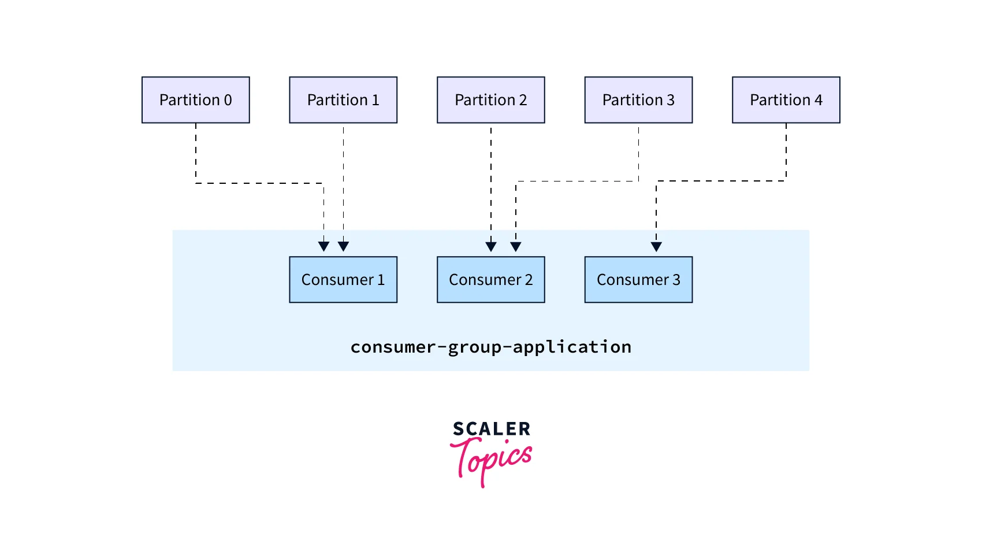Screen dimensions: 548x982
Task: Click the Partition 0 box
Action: click(x=195, y=100)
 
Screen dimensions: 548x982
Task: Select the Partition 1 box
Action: click(x=343, y=100)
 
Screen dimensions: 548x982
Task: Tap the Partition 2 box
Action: click(x=490, y=100)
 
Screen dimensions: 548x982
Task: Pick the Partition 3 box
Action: click(x=638, y=100)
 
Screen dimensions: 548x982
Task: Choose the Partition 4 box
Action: click(x=786, y=100)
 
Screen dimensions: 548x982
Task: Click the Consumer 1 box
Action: click(x=343, y=280)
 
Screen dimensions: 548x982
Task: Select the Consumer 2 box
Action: click(x=490, y=280)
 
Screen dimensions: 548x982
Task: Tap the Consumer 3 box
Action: click(x=638, y=280)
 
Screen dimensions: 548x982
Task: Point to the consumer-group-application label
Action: click(x=490, y=347)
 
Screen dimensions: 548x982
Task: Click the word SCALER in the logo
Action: click(x=492, y=429)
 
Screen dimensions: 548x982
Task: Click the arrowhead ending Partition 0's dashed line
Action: click(x=323, y=247)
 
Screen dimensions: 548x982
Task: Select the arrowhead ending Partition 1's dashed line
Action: click(x=343, y=247)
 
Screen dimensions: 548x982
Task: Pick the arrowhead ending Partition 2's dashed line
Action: click(x=491, y=247)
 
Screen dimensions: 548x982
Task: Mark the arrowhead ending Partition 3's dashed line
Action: click(x=516, y=247)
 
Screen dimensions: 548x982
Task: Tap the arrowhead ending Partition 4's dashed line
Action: click(x=656, y=247)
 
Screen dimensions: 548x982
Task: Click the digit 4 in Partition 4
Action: click(x=818, y=100)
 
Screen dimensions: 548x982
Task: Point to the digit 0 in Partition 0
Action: click(x=228, y=100)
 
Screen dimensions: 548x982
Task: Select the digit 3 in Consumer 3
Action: click(x=676, y=280)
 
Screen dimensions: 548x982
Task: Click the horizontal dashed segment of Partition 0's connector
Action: click(x=259, y=183)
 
